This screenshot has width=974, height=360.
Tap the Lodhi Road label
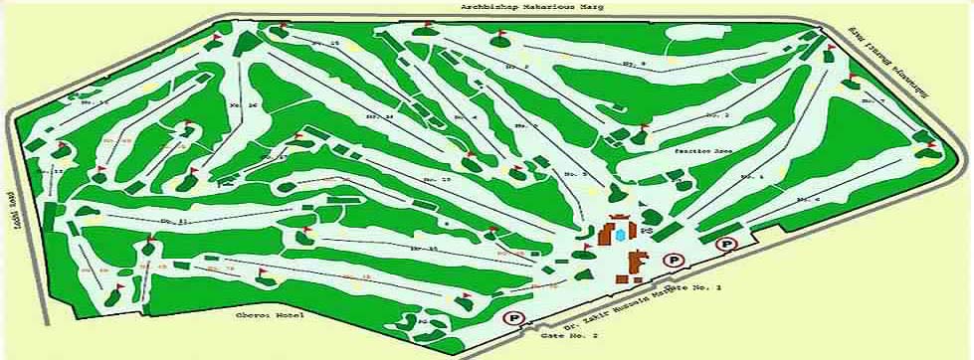[x=14, y=204]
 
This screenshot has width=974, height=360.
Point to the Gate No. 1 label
[x=697, y=287]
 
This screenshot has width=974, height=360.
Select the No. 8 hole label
[x=633, y=64]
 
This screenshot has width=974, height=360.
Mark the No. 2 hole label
[x=717, y=116]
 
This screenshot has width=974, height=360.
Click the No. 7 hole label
[x=875, y=101]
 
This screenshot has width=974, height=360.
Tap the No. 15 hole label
[x=328, y=45]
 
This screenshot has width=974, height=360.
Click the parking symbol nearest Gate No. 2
[x=513, y=318]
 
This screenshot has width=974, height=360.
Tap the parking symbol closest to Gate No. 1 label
[x=676, y=261]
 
